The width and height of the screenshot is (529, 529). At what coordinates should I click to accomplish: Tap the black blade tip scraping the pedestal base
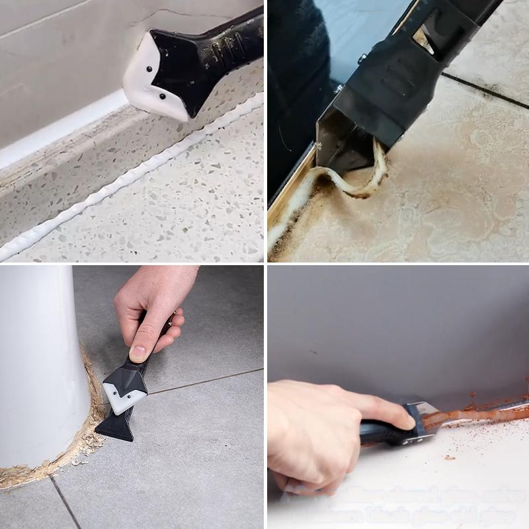[x=116, y=427]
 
